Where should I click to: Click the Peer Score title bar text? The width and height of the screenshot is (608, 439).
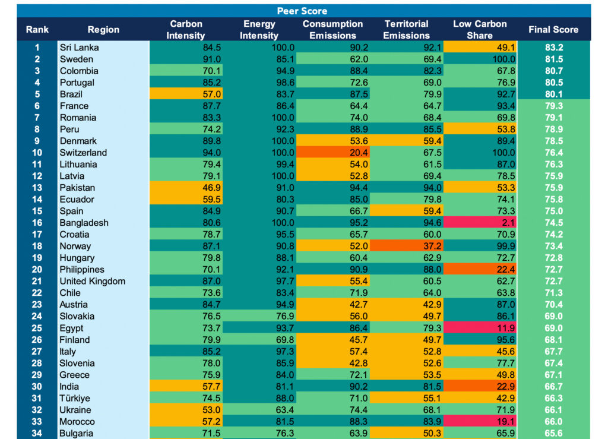coord(302,11)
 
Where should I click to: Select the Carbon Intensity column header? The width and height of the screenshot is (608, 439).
coord(186,30)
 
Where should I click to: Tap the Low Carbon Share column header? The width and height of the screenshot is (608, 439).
coord(480,30)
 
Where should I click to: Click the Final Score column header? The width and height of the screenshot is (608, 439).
coord(553,30)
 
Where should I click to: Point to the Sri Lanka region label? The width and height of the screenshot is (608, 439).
coord(79,48)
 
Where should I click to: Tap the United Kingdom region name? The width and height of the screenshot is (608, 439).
coord(92,282)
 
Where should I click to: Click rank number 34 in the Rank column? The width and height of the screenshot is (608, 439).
coord(37,434)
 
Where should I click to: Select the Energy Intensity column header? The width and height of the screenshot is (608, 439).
coord(259,30)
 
